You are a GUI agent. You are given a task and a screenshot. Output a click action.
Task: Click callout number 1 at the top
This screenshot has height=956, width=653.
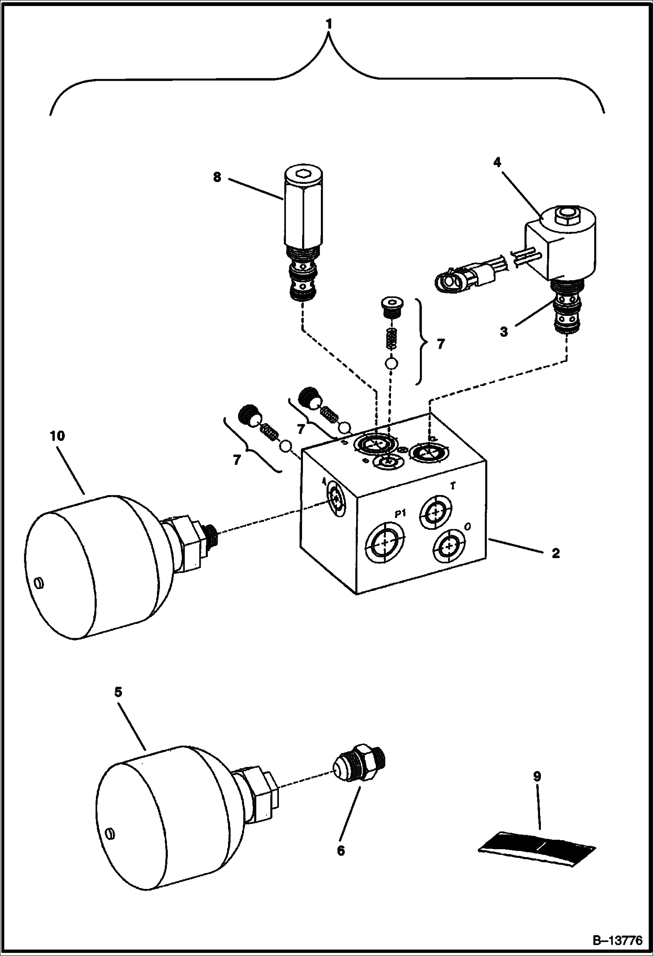(x=329, y=24)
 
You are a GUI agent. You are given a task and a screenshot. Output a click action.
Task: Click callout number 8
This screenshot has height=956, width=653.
(x=217, y=177)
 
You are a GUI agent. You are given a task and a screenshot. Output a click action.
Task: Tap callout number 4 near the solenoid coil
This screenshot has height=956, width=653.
(x=497, y=163)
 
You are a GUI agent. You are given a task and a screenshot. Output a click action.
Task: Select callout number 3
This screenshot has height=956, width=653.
(x=503, y=332)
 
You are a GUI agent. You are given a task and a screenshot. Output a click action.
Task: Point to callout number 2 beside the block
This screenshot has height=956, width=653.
(x=555, y=553)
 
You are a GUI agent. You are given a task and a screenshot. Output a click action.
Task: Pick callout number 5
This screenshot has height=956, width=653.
(x=119, y=692)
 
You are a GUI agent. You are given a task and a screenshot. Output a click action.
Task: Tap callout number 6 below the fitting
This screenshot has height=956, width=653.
(x=341, y=851)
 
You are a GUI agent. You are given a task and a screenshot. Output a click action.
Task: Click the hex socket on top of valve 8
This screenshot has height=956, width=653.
(x=303, y=175)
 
